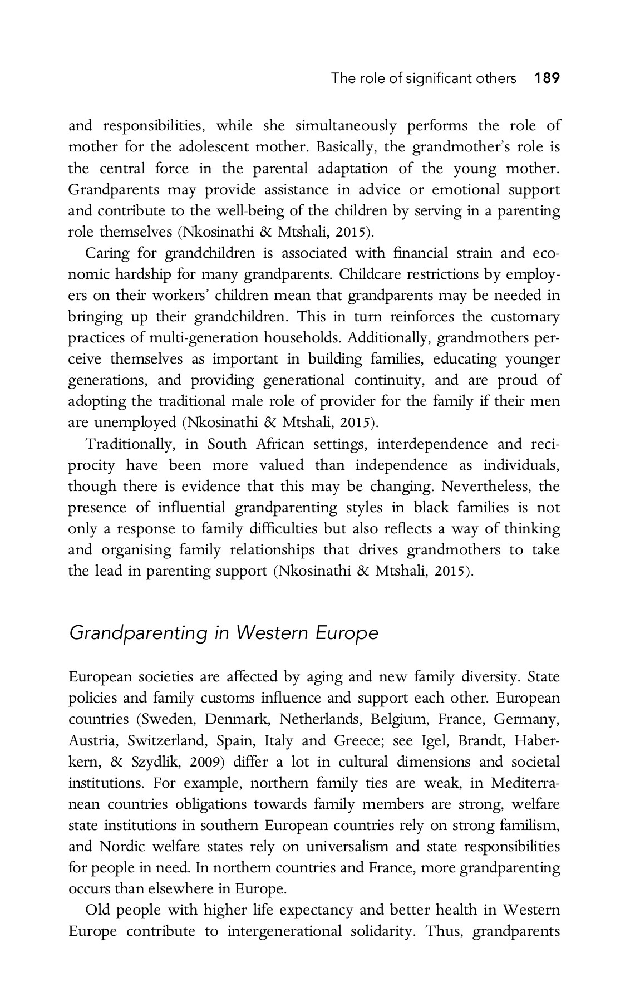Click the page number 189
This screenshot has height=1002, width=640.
point(547,78)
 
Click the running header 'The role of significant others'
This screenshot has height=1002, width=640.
point(424,78)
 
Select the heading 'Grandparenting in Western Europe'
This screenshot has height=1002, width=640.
point(223,633)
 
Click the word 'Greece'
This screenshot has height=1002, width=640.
point(357,740)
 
